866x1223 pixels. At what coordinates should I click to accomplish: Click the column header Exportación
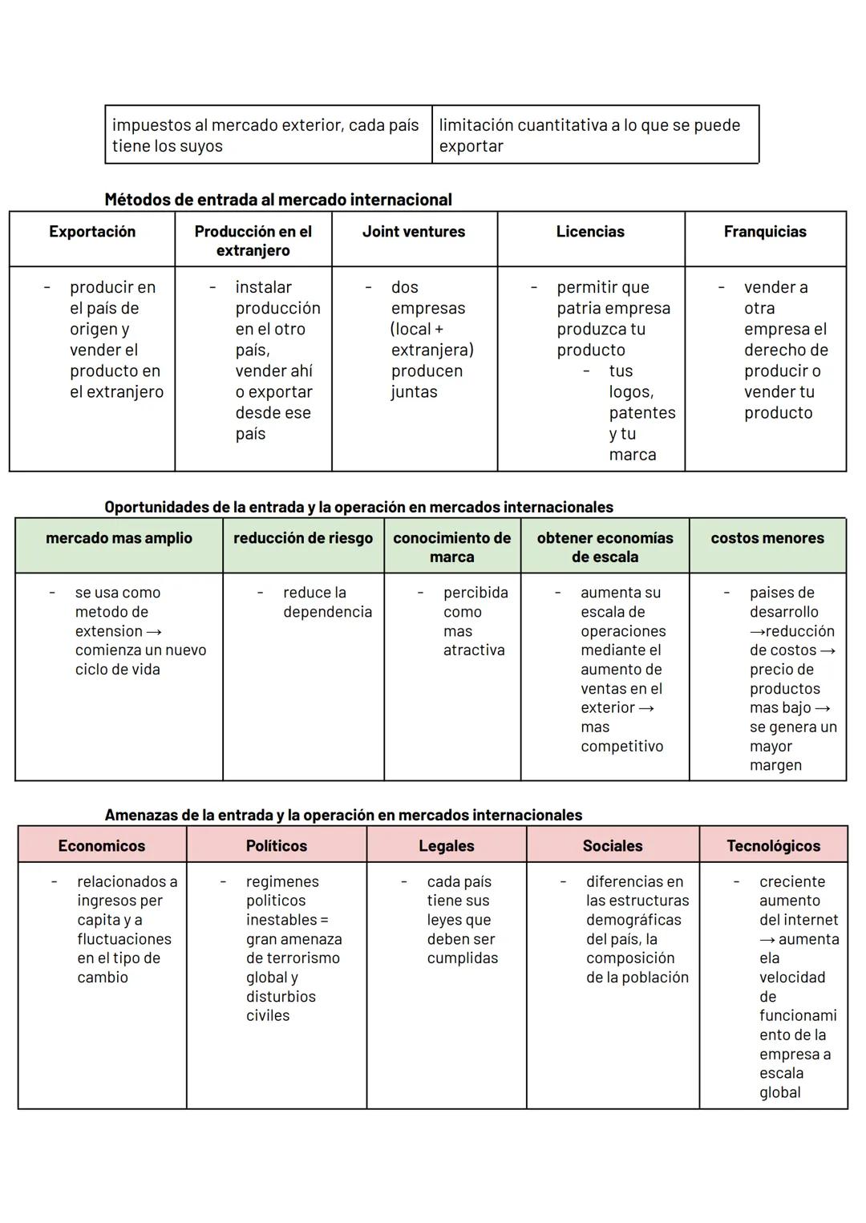click(92, 232)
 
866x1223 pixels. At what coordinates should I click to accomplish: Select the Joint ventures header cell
click(414, 232)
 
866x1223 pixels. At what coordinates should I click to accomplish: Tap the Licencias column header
click(590, 232)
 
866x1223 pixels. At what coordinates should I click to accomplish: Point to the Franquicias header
click(765, 232)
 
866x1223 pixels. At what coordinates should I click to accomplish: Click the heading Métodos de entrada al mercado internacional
click(278, 200)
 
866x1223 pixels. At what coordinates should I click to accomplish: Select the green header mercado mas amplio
click(119, 538)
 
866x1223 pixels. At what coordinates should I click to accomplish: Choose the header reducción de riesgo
click(303, 538)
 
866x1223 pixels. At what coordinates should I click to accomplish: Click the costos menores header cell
click(767, 538)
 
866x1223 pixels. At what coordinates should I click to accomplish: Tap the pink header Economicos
click(102, 846)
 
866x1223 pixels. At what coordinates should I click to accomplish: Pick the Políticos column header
click(277, 846)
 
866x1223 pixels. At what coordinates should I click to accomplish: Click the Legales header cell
click(447, 846)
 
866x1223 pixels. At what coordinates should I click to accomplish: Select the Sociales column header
click(613, 846)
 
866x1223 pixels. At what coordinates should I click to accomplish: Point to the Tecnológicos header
click(773, 846)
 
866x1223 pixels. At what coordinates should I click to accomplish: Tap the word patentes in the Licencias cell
click(642, 413)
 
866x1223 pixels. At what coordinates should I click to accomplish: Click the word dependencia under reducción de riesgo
click(327, 612)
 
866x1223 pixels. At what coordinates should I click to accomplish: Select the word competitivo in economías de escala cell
click(622, 747)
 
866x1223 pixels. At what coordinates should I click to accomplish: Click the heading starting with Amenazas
click(343, 816)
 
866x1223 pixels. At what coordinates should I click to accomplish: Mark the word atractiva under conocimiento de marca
click(474, 650)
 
